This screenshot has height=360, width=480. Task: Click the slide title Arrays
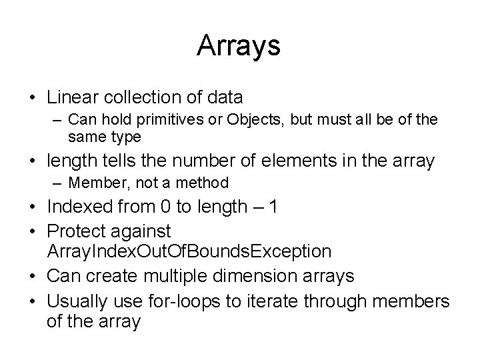click(x=239, y=46)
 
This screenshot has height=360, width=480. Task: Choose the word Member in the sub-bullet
click(x=95, y=182)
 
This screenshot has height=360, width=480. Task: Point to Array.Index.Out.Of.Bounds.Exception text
click(x=189, y=251)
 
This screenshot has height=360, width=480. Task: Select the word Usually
click(x=76, y=300)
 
